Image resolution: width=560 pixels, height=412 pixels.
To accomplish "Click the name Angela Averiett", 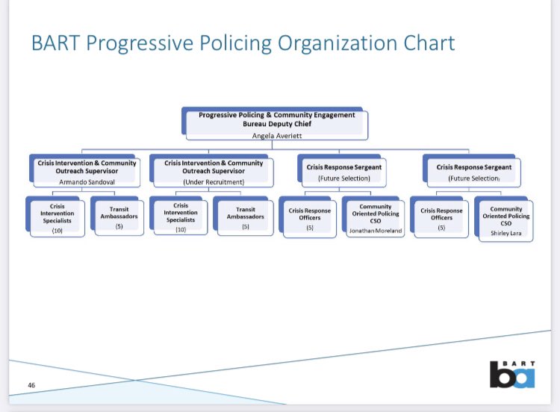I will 273,135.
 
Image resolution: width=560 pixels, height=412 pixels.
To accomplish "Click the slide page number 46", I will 32,384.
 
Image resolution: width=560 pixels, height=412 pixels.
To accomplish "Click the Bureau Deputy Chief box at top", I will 273,124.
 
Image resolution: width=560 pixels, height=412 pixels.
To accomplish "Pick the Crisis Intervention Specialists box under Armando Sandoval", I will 57,216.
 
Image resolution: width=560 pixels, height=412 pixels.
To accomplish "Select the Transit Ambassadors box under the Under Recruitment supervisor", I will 246,217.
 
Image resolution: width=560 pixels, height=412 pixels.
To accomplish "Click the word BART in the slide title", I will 57,43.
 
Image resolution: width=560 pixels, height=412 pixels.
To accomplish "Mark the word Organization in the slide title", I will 335,43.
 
